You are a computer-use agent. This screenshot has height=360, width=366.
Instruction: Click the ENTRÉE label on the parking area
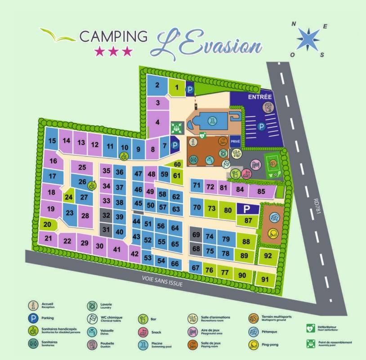point(260,97)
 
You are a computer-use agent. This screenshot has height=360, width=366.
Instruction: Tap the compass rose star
point(308,39)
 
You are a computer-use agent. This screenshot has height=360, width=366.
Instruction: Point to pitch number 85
point(261,191)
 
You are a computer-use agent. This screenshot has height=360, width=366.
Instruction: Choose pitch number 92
point(268,256)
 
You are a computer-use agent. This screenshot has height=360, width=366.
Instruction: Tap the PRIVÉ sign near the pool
point(235,141)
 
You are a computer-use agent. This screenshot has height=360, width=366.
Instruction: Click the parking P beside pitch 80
point(246,209)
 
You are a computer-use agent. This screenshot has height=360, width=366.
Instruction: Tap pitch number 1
point(177,87)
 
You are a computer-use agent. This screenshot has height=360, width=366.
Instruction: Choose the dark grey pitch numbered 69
point(196,234)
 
